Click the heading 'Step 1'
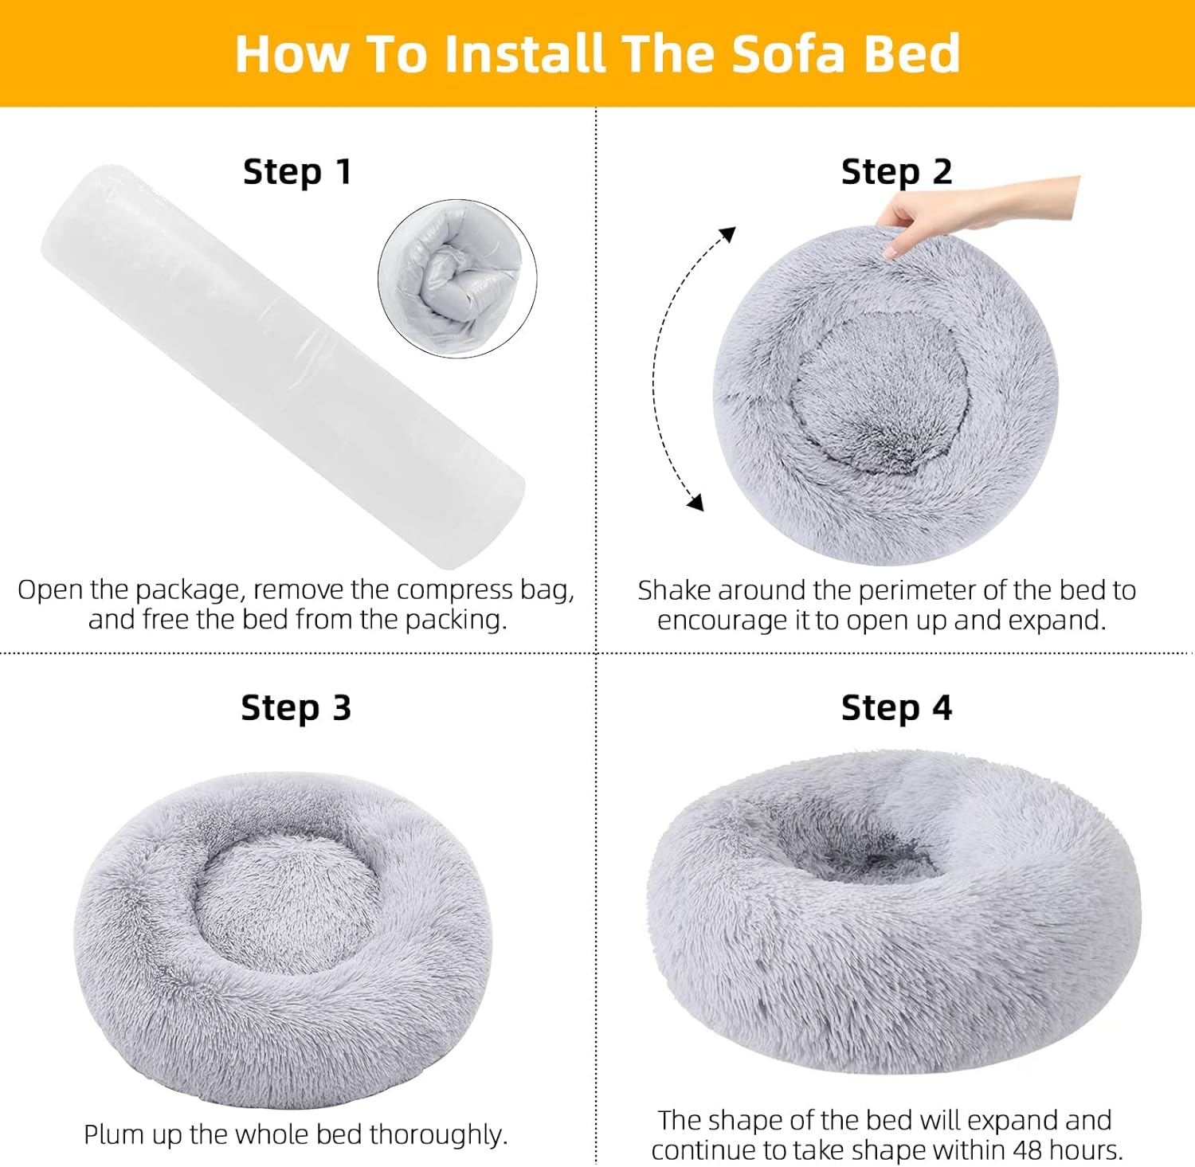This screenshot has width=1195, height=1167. pos(297,172)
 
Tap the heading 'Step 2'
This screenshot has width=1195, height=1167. pos(896,172)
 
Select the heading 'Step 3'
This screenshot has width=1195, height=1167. pos(296,707)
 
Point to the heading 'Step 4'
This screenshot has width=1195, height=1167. pos(896,707)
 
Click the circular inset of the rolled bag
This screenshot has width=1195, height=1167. pos(457,279)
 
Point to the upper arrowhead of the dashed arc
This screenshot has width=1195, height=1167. pos(727,234)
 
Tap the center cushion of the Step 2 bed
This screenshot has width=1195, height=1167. pos(880,390)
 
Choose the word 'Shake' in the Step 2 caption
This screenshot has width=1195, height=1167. pos(671,591)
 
